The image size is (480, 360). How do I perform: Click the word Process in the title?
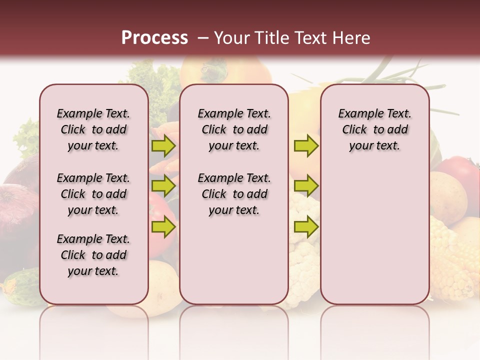154,38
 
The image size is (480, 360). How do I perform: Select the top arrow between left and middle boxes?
163,145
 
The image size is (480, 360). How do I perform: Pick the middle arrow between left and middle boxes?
163,186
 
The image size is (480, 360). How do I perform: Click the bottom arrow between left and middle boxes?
163,227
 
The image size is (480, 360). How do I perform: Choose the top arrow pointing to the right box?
306,145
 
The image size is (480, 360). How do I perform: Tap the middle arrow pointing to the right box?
306,186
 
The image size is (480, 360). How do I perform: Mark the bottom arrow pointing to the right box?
306,227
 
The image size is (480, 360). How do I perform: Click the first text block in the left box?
93,129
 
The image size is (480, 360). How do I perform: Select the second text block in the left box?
93,194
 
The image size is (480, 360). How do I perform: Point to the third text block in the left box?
93,255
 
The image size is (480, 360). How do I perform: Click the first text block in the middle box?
234,129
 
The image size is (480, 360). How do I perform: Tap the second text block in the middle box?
234,194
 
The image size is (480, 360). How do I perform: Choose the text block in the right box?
374,129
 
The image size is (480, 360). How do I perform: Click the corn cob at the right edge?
452,260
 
